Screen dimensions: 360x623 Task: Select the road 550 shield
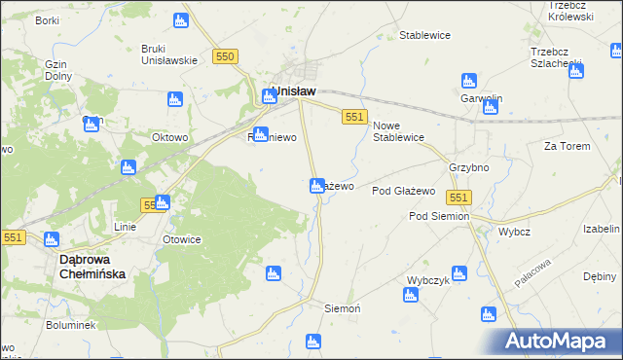point(226,57)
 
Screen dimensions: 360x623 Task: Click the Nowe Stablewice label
point(398,130)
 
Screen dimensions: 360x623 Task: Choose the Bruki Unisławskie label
point(169,54)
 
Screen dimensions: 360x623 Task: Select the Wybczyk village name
point(426,279)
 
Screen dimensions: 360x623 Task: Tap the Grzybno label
point(467,167)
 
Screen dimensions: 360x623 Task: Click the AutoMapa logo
point(561,342)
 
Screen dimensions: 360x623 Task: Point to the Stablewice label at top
point(424,36)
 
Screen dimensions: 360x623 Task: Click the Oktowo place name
point(169,137)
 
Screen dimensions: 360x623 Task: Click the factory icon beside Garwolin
point(468,81)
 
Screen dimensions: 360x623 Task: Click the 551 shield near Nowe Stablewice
point(354,117)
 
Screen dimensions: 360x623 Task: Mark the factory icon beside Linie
point(162,203)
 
